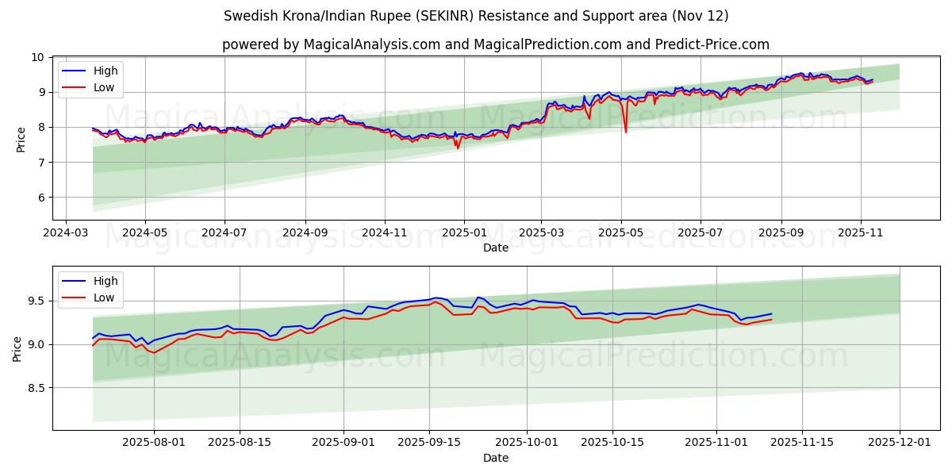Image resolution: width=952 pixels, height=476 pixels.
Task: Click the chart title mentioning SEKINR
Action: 476,16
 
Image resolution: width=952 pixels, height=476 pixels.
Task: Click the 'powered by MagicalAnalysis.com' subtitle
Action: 495,44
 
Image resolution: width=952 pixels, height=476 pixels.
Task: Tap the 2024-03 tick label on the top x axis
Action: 65,233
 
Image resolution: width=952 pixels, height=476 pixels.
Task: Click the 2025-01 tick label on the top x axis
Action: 463,233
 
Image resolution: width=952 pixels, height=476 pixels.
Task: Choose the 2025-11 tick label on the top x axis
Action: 861,233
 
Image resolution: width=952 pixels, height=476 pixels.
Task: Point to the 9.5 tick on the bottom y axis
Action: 35,301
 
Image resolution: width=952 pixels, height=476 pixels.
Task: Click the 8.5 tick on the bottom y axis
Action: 35,389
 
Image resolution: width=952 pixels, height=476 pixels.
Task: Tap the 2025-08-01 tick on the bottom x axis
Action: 154,443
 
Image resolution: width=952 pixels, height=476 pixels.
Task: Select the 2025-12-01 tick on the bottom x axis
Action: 900,443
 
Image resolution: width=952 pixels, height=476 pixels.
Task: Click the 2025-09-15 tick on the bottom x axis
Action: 429,443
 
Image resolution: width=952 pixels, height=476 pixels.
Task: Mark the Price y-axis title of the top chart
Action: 21,139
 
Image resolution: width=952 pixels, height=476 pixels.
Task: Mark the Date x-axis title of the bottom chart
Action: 495,458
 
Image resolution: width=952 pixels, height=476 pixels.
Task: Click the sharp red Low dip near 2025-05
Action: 625,131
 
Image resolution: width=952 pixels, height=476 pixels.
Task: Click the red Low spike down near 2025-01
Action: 458,148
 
